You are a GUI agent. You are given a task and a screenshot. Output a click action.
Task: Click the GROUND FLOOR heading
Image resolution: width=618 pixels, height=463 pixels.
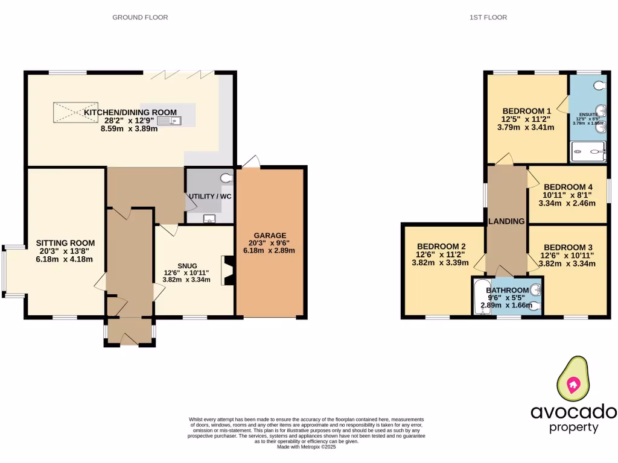(140, 17)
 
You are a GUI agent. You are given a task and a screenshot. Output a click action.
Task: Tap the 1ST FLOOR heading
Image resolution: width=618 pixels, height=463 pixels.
(488, 17)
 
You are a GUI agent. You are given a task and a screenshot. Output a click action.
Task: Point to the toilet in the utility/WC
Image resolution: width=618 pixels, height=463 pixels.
(227, 178)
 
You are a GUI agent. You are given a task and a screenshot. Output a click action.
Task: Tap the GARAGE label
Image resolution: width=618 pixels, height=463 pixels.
(270, 235)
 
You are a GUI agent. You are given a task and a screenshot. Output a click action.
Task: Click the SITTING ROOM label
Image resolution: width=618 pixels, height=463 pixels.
(65, 243)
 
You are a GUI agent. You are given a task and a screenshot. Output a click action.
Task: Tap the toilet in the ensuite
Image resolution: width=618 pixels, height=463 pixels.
(599, 86)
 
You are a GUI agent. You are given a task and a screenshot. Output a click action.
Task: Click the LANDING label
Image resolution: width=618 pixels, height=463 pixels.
(506, 221)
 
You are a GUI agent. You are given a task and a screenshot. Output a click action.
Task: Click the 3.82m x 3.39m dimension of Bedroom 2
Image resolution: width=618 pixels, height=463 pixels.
(440, 262)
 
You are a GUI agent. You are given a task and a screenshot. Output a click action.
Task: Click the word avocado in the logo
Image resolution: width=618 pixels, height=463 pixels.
(573, 412)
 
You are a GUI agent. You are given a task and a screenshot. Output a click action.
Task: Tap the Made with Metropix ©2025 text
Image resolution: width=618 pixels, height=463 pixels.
(306, 447)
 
